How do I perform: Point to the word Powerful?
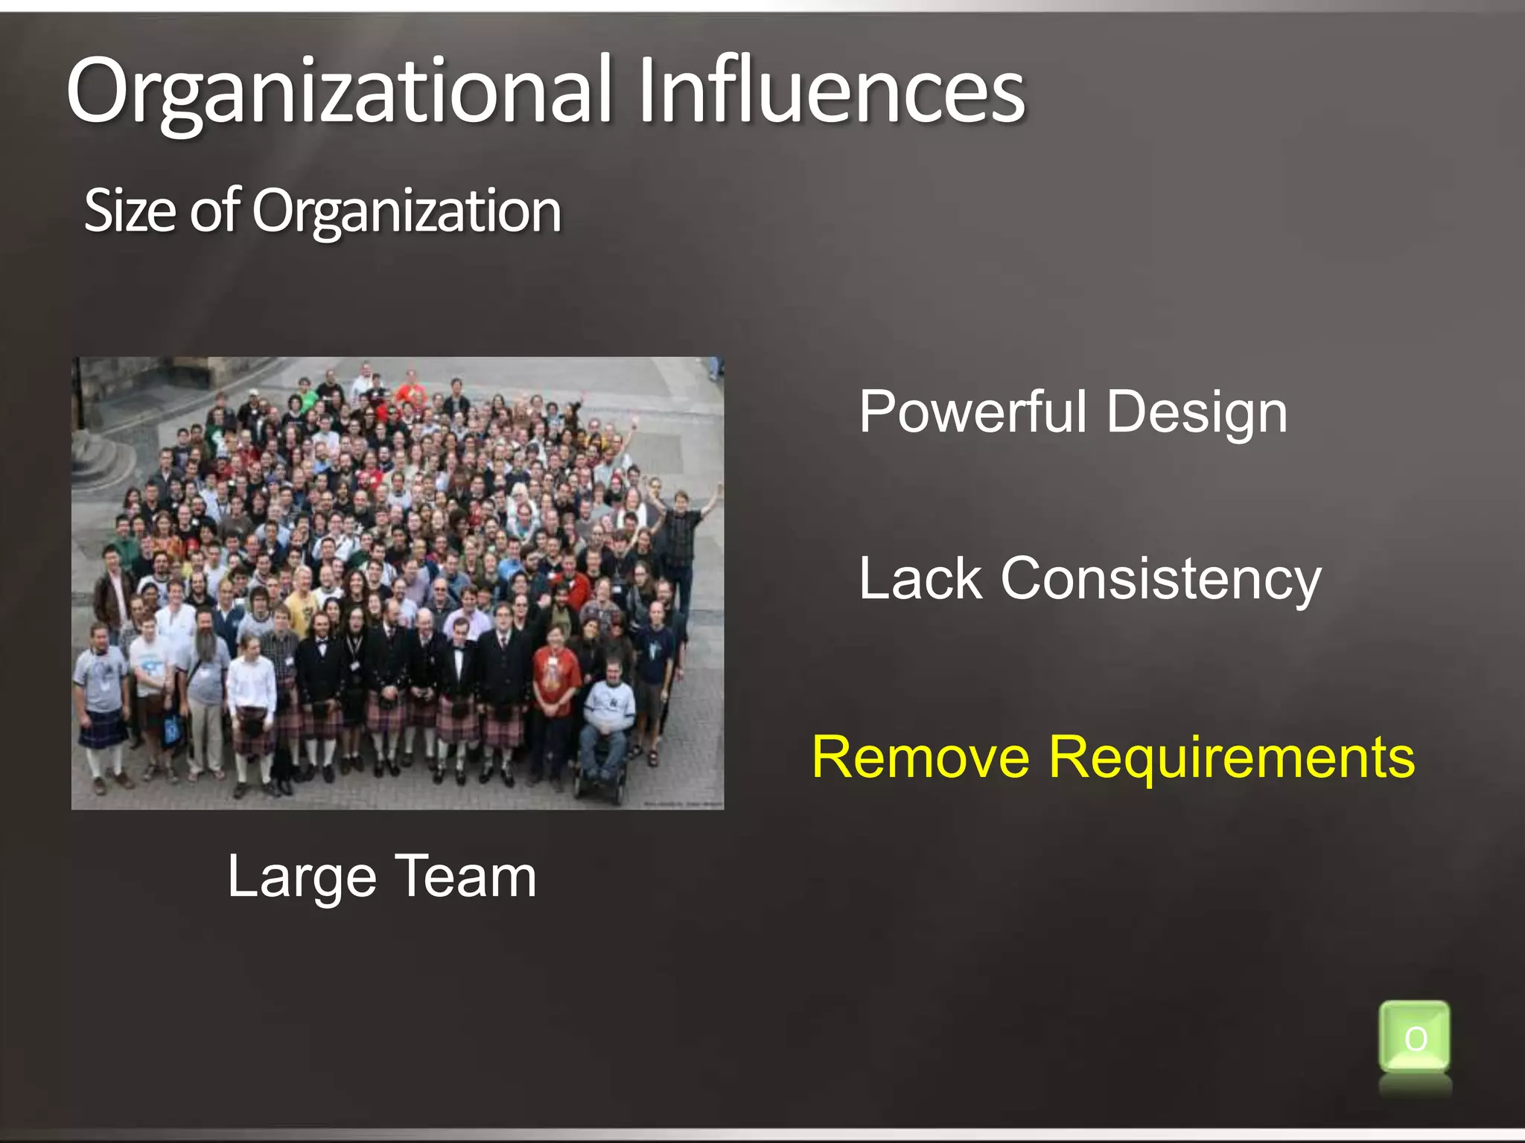tap(972, 412)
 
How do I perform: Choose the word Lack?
tap(920, 578)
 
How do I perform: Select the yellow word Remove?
tap(920, 757)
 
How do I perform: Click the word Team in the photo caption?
tap(465, 877)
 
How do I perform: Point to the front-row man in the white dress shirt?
tap(252, 685)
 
